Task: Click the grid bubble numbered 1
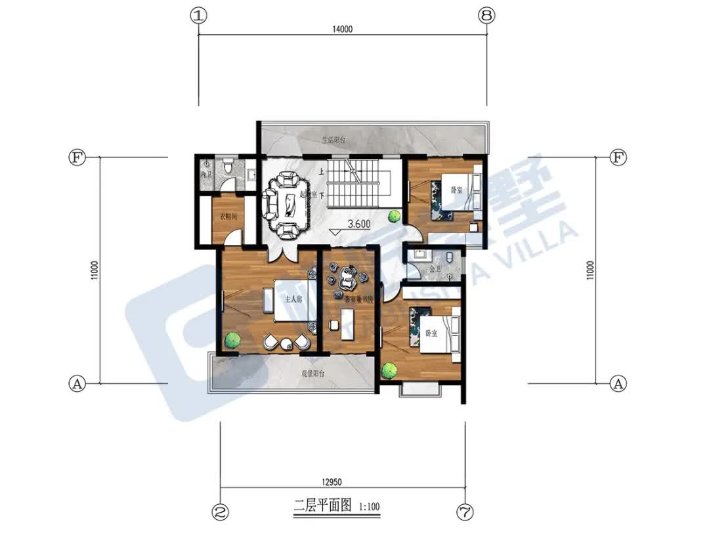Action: click(199, 16)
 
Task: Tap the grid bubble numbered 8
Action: click(486, 16)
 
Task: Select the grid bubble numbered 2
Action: click(221, 511)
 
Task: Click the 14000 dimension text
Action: click(343, 28)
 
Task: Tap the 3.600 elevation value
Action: click(359, 223)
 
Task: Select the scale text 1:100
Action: click(370, 507)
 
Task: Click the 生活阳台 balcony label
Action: click(333, 140)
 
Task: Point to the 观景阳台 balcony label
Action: click(314, 374)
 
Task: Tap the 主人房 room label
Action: click(293, 299)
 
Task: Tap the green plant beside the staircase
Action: click(394, 215)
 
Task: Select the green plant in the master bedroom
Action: click(231, 340)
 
